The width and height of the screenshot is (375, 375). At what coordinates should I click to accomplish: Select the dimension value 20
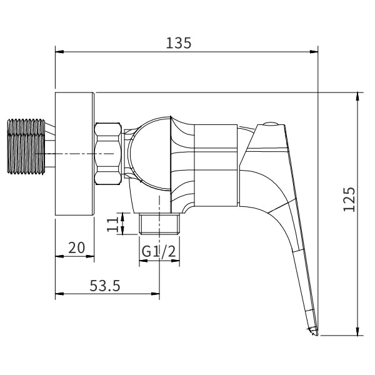(x=76, y=247)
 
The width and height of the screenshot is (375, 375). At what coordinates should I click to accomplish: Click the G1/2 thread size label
(x=157, y=251)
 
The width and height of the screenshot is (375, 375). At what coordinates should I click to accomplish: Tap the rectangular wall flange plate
(x=75, y=154)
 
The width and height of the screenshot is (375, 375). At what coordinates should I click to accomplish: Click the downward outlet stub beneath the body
(x=159, y=224)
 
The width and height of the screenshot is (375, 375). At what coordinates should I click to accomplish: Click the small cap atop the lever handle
(x=271, y=124)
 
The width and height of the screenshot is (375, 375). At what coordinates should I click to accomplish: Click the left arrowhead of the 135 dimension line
(x=59, y=51)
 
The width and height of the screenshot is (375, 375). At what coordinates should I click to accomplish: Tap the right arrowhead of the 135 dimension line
(x=316, y=51)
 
